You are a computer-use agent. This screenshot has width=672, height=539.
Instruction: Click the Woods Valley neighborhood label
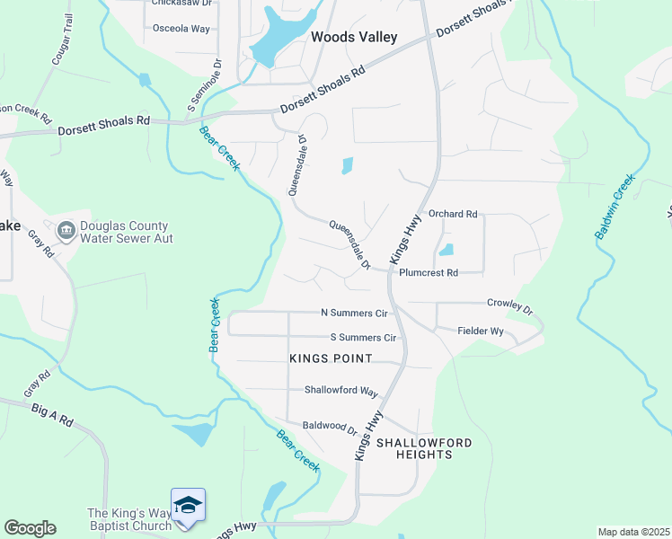353,37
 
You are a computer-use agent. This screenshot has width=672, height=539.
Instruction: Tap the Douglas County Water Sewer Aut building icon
66,232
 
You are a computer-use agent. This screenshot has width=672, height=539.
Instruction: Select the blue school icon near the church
188,505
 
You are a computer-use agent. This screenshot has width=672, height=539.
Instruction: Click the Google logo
30,528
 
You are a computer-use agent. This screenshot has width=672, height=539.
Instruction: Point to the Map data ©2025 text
633,532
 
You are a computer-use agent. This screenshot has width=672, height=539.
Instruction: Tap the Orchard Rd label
453,215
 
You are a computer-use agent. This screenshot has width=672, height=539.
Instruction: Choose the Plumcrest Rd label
429,272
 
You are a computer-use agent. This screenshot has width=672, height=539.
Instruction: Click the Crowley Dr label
509,305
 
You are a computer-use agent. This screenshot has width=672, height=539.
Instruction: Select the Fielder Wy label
481,331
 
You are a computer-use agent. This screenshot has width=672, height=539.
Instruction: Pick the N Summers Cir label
354,313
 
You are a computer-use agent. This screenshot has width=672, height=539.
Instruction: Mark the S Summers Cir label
364,338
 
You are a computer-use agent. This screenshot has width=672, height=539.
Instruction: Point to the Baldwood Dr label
330,428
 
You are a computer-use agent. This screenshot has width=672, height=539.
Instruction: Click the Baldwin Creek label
615,206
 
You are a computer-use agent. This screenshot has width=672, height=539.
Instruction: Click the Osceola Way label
181,29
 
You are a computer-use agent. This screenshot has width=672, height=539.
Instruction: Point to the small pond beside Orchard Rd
447,250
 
